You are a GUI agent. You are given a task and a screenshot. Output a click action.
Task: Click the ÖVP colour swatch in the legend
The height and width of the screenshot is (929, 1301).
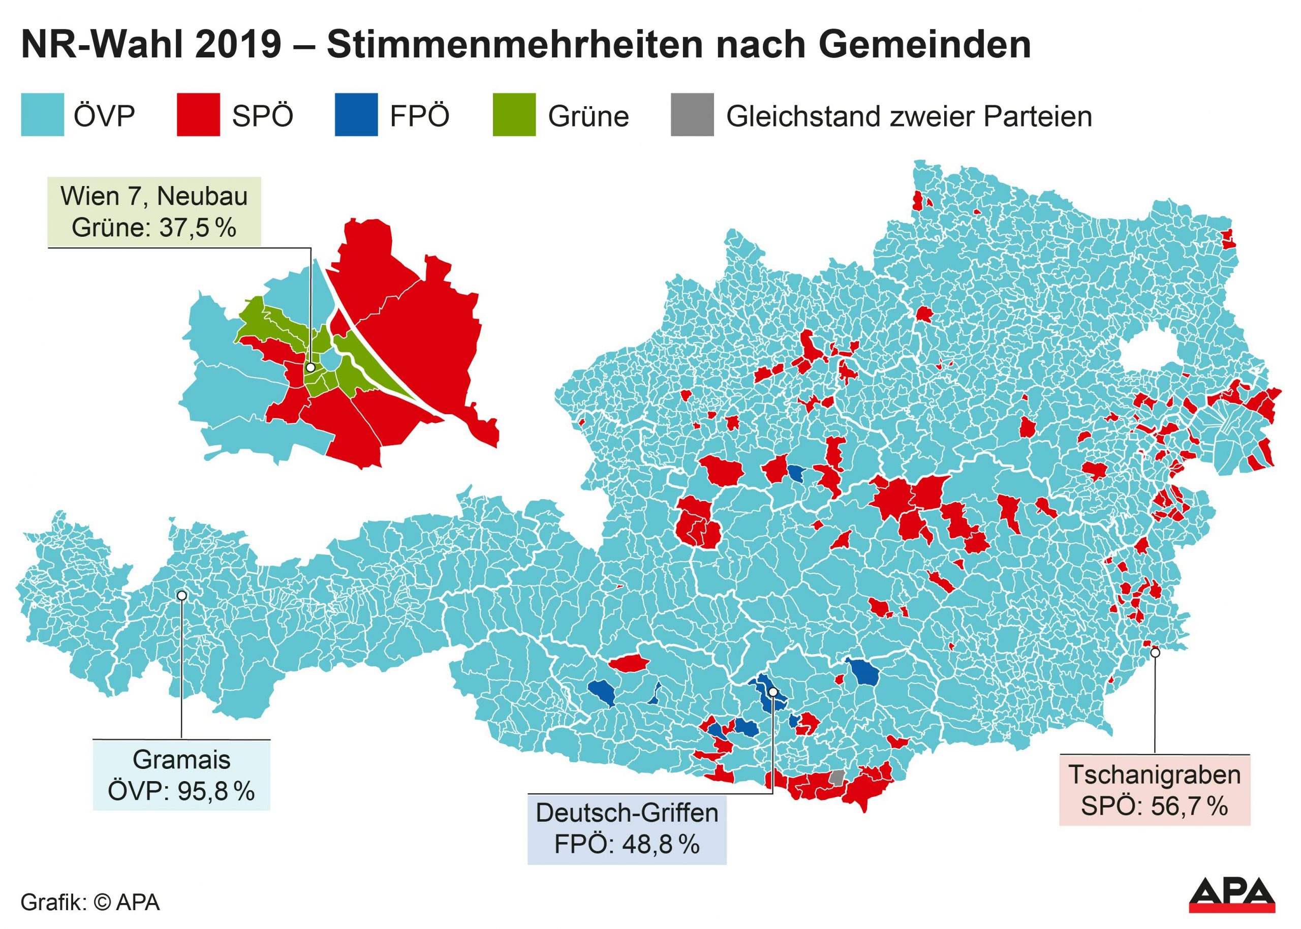42,114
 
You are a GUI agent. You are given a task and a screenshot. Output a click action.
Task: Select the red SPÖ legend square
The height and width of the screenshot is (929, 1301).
198,114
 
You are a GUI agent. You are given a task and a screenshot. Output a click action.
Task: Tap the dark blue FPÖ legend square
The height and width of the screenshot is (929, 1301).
356,114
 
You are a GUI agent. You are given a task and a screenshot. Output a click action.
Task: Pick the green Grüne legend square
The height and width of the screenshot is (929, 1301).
514,114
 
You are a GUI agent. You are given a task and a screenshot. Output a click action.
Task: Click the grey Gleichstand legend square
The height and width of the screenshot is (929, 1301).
692,114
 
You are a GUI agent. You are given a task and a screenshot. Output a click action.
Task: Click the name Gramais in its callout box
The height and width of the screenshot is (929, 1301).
181,760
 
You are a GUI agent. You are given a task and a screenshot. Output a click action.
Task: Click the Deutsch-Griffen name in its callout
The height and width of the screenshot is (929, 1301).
627,813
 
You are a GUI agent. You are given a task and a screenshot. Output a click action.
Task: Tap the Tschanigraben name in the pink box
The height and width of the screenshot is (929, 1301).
1155,775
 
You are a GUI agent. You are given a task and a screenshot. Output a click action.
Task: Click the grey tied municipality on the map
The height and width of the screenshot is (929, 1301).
837,778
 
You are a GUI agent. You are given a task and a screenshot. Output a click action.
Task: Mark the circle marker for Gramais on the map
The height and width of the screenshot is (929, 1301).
182,596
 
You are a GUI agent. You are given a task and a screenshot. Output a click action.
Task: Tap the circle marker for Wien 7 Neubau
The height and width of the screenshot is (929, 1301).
311,368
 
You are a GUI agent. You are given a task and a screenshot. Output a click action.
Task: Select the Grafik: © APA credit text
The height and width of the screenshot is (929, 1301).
90,902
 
